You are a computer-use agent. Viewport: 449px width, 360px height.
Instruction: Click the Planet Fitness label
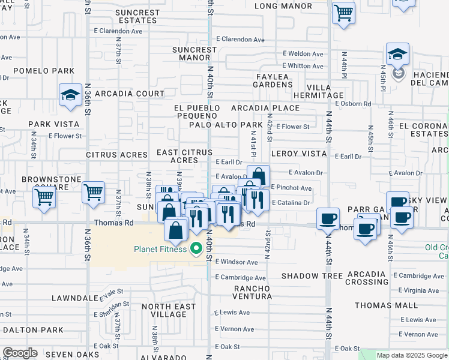coord(160,249)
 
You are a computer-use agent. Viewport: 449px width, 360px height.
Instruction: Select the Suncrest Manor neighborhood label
coord(194,53)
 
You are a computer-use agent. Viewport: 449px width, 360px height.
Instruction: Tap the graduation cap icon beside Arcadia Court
coord(70,95)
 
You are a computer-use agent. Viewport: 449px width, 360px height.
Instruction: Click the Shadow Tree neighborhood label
coord(312,275)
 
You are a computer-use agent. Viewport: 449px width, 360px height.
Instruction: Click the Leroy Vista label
coord(298,154)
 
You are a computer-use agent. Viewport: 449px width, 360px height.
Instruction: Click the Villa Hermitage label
coord(318,91)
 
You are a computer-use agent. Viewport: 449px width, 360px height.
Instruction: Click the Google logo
coord(20,353)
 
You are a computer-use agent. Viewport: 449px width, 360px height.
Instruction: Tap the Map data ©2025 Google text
coord(411,355)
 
